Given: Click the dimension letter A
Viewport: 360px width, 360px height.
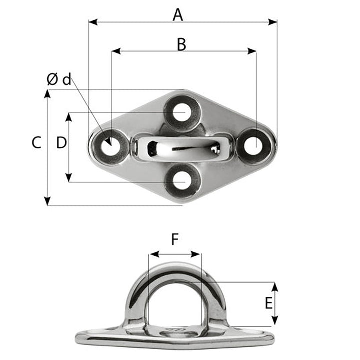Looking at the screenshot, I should click(178, 15).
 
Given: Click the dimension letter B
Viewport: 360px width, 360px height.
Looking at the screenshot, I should click(181, 44).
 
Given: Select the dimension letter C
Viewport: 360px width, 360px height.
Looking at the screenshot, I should click(36, 143).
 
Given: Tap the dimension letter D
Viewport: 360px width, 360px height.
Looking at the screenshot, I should click(61, 143).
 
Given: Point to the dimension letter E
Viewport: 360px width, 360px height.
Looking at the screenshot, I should click(268, 303).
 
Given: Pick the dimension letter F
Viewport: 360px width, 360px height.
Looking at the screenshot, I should click(174, 240).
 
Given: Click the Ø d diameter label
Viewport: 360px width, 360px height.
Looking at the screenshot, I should click(59, 79).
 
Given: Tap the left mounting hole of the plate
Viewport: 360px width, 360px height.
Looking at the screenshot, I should click(107, 147).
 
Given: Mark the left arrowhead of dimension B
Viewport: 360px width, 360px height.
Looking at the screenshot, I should click(115, 51).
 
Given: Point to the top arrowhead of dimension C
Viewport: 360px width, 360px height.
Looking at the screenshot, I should click(48, 94).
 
